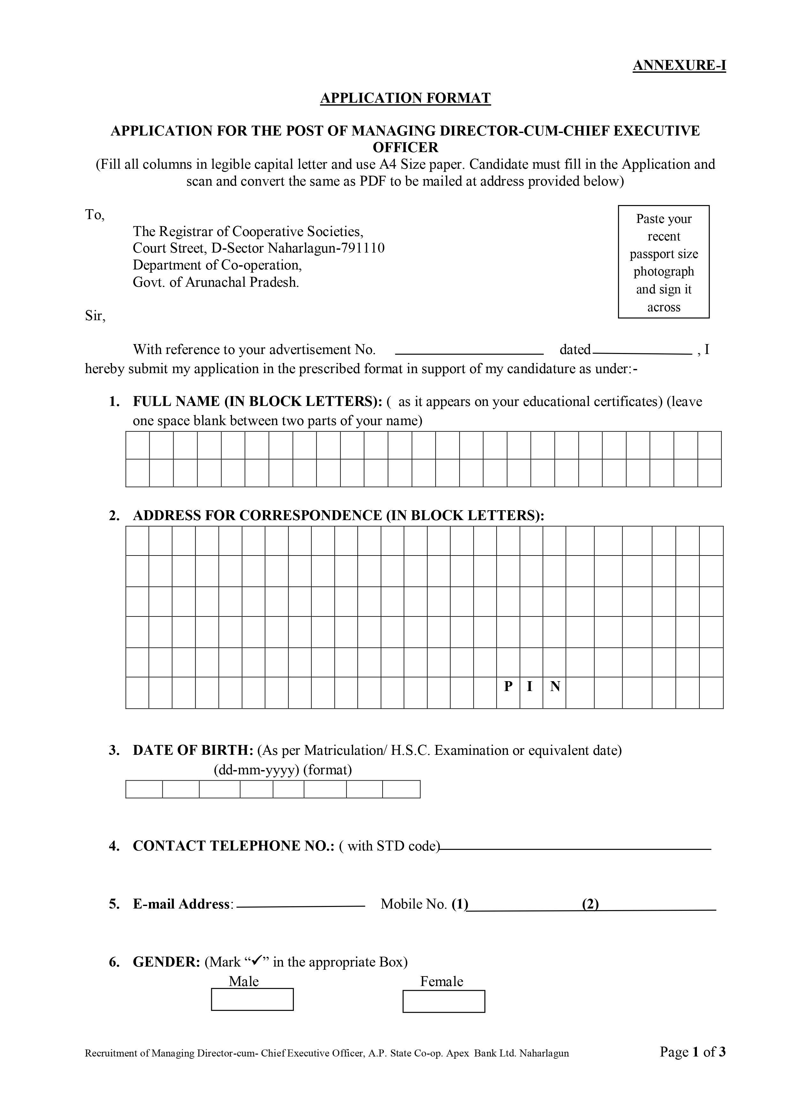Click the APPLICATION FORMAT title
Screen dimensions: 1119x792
pos(405,98)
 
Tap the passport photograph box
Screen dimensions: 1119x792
pos(663,262)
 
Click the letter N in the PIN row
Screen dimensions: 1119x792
pos(555,687)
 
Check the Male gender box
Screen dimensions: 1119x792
pos(252,1000)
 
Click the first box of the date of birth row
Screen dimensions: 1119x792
pos(144,789)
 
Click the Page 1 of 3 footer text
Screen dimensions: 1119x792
pos(692,1052)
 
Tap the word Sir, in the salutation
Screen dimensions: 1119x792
pos(95,316)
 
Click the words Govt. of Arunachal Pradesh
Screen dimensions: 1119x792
pos(216,282)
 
